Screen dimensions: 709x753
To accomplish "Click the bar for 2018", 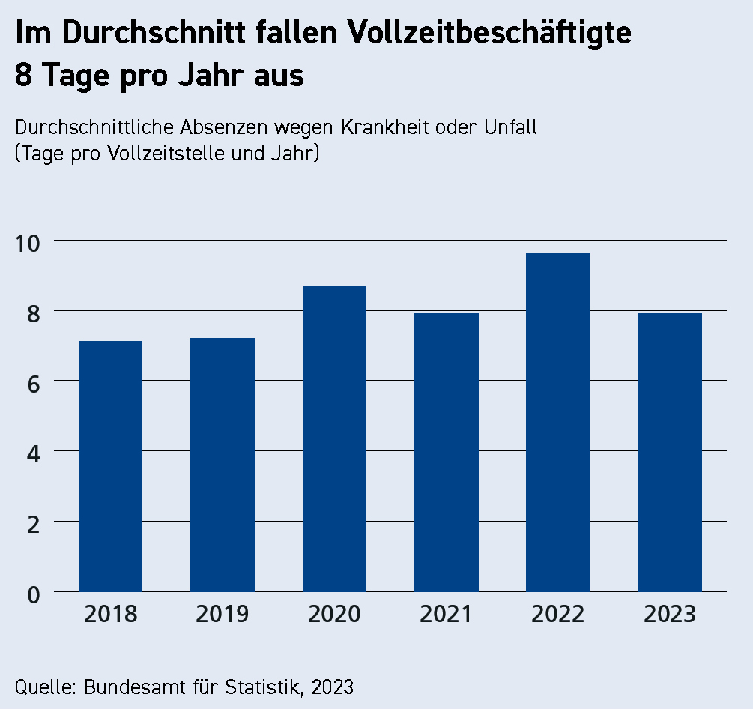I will pyautogui.click(x=110, y=466).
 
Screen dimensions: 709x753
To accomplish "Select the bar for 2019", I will pyautogui.click(x=223, y=465).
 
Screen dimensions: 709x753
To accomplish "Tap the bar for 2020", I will pyautogui.click(x=334, y=438).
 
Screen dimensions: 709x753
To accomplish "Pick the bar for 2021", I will pyautogui.click(x=447, y=452).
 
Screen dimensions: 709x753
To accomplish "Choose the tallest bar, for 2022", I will pyautogui.click(x=558, y=422).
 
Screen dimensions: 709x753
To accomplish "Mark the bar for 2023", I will pyautogui.click(x=670, y=452).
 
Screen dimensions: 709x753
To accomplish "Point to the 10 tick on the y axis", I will pyautogui.click(x=31, y=241).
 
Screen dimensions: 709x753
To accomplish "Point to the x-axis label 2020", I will pyautogui.click(x=334, y=615).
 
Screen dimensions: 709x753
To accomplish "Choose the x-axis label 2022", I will pyautogui.click(x=558, y=615).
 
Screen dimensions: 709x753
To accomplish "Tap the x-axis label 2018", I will pyautogui.click(x=110, y=615).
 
